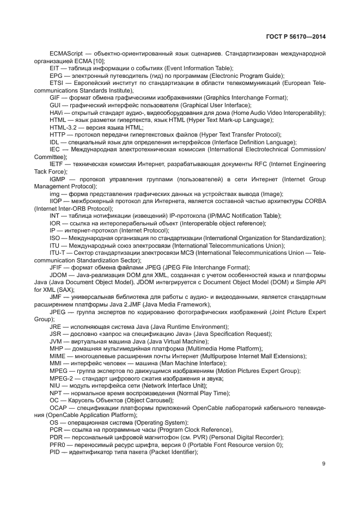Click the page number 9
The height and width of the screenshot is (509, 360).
[x=324, y=464]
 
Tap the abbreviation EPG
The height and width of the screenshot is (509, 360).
[x=56, y=75]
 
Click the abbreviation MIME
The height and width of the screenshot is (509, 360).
[x=58, y=356]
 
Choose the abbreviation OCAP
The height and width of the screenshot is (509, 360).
[x=59, y=408]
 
